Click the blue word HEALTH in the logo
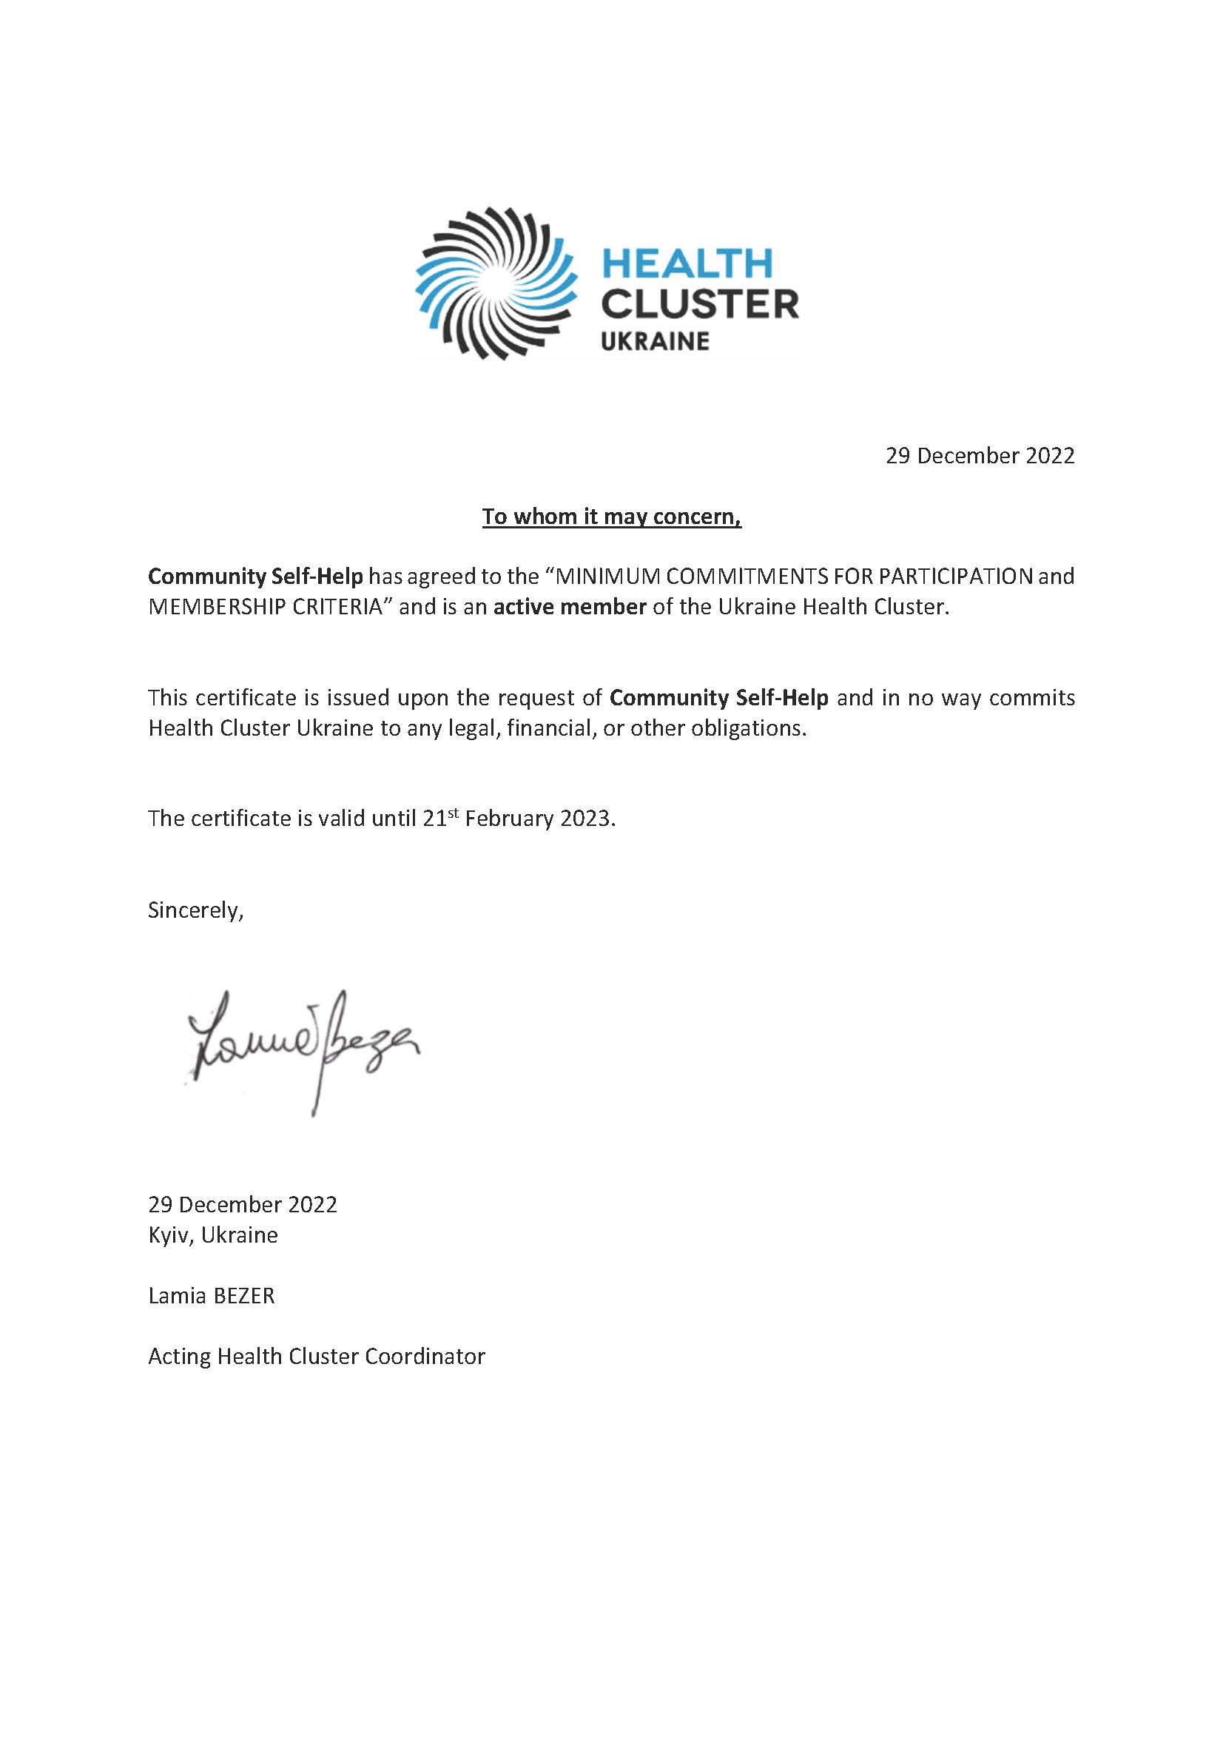coord(686,263)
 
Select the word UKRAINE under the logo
coord(655,341)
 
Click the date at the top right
coord(980,455)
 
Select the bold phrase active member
coord(569,607)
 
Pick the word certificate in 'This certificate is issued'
coord(251,697)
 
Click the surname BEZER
coord(243,1295)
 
